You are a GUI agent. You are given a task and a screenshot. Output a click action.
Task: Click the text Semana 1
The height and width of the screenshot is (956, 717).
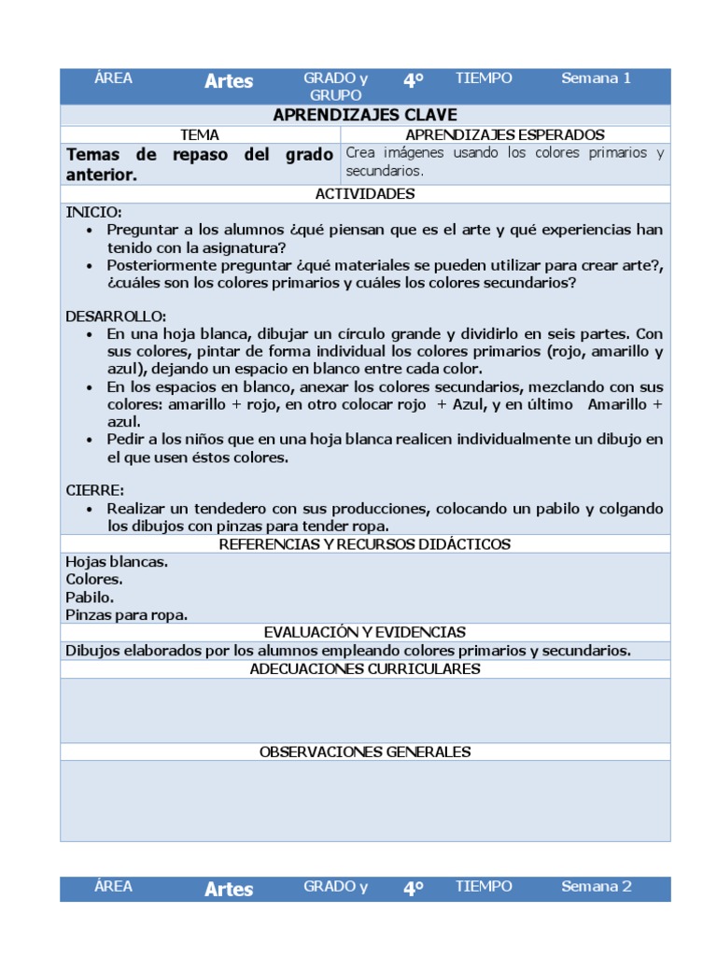tap(596, 78)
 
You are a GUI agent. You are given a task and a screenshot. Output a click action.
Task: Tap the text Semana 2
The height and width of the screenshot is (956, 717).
tap(596, 887)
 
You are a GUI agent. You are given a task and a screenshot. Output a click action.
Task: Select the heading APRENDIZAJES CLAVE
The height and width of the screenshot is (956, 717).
tap(365, 115)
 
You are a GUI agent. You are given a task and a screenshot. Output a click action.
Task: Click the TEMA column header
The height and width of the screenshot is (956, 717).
tap(200, 135)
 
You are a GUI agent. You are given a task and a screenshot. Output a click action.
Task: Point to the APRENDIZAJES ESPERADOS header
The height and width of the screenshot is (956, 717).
tap(505, 135)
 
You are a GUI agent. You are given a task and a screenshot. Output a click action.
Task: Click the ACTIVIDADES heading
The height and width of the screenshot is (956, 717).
tap(365, 194)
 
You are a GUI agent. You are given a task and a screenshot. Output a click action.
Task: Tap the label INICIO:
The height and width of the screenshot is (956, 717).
tap(93, 212)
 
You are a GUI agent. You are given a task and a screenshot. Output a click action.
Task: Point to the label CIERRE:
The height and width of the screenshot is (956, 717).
tap(94, 490)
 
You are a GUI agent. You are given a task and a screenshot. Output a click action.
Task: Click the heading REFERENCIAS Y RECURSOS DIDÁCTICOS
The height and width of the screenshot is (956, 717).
tap(365, 544)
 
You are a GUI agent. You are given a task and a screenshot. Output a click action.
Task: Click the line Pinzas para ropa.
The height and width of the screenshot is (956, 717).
tap(126, 614)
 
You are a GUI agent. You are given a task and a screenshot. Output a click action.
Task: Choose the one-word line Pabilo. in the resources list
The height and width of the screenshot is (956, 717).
tap(90, 597)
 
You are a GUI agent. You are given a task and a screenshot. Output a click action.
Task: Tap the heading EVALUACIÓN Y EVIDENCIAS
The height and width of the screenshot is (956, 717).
tap(365, 632)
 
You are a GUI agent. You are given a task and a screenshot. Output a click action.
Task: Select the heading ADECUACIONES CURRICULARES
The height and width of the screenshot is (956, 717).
tap(365, 668)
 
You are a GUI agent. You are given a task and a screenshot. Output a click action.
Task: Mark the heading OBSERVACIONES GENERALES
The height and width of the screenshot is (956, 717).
tap(365, 752)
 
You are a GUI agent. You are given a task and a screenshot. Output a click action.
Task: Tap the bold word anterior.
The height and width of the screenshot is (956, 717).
tap(102, 175)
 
